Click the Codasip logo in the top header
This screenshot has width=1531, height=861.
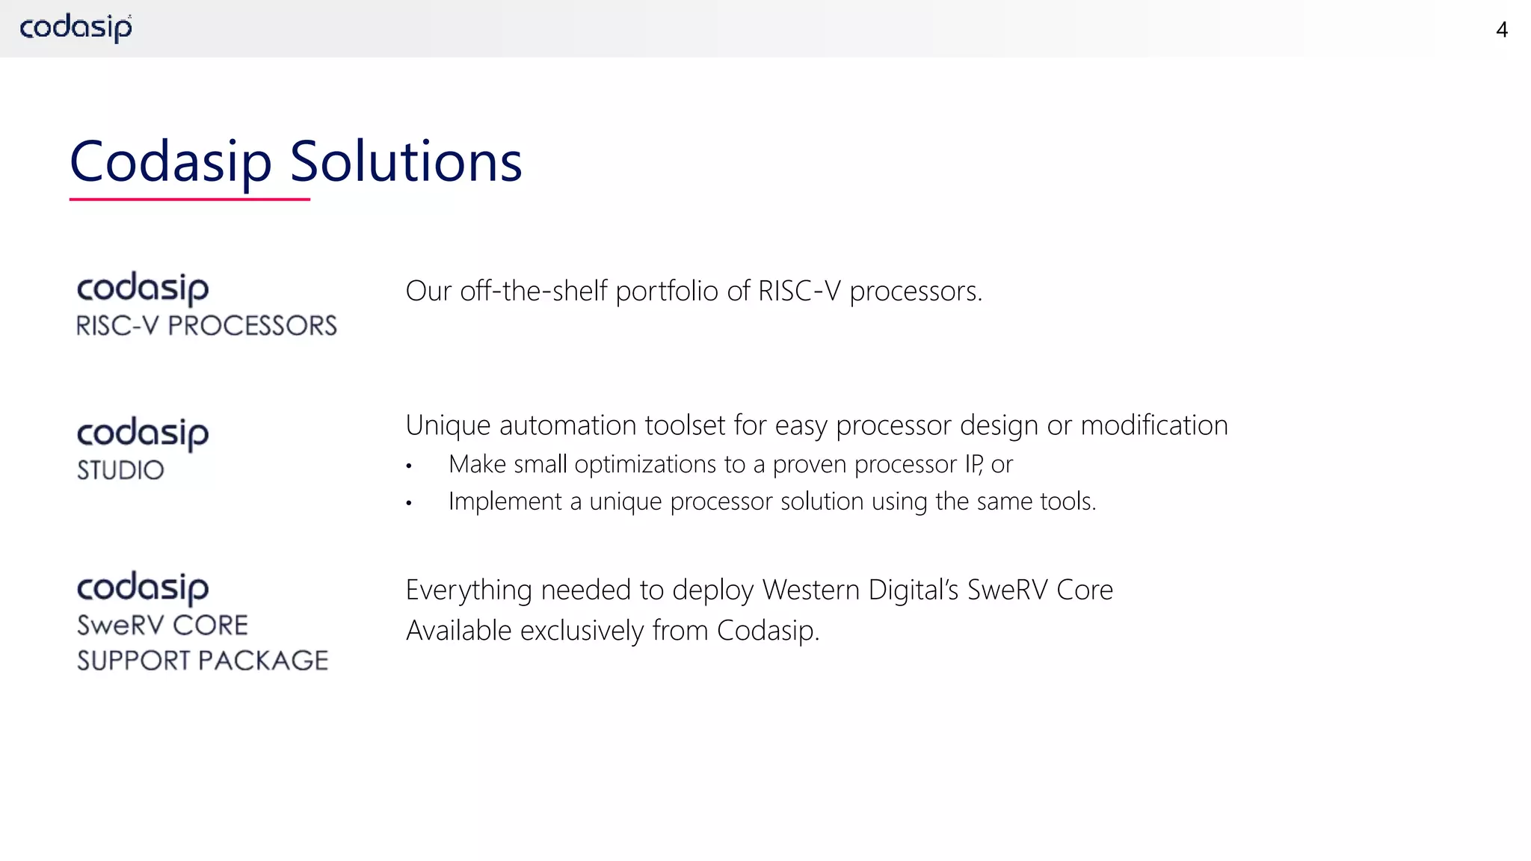point(76,28)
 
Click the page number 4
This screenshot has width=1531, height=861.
point(1501,30)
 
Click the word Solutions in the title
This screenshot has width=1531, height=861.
point(405,161)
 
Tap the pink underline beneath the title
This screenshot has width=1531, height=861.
point(189,200)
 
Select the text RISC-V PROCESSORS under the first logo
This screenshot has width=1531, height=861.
point(206,326)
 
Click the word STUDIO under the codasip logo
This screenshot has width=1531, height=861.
point(120,470)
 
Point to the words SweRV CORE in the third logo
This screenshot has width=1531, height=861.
point(162,626)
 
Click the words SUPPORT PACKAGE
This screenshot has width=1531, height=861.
point(203,661)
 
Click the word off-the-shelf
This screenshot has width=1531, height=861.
point(534,291)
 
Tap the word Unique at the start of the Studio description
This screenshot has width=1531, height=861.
point(448,425)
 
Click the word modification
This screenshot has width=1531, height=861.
point(1154,425)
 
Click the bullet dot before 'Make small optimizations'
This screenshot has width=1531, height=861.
point(409,466)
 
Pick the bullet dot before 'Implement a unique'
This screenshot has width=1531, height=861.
point(409,503)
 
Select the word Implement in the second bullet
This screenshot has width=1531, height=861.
point(505,501)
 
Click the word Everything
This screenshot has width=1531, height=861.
point(469,590)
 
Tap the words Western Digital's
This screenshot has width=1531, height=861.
point(860,590)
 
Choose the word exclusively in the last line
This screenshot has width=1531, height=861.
point(582,631)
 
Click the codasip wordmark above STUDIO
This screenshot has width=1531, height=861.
point(143,433)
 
